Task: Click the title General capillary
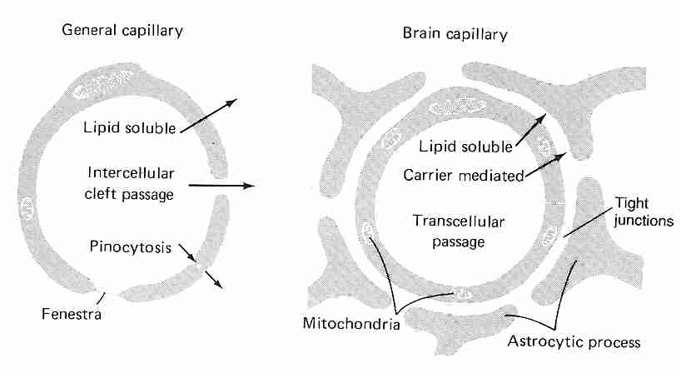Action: point(123,31)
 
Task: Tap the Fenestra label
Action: point(71,314)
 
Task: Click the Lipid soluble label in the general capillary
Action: point(129,127)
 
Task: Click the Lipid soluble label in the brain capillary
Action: point(467,147)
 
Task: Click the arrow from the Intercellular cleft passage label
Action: point(221,186)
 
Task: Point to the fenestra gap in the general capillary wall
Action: point(110,291)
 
